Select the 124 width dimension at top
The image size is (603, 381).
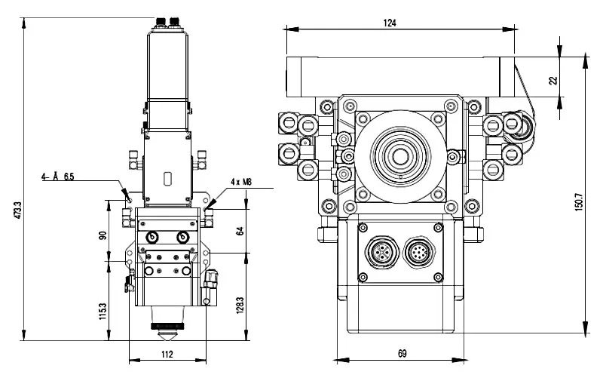click(x=390, y=23)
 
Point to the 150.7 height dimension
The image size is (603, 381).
click(x=579, y=201)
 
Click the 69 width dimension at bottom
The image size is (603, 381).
click(x=402, y=352)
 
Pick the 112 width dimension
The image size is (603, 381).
click(x=167, y=353)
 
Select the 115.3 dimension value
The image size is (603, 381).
click(x=103, y=310)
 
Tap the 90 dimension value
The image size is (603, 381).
click(x=103, y=235)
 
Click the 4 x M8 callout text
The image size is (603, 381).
click(x=240, y=182)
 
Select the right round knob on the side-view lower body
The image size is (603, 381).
click(x=182, y=236)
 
